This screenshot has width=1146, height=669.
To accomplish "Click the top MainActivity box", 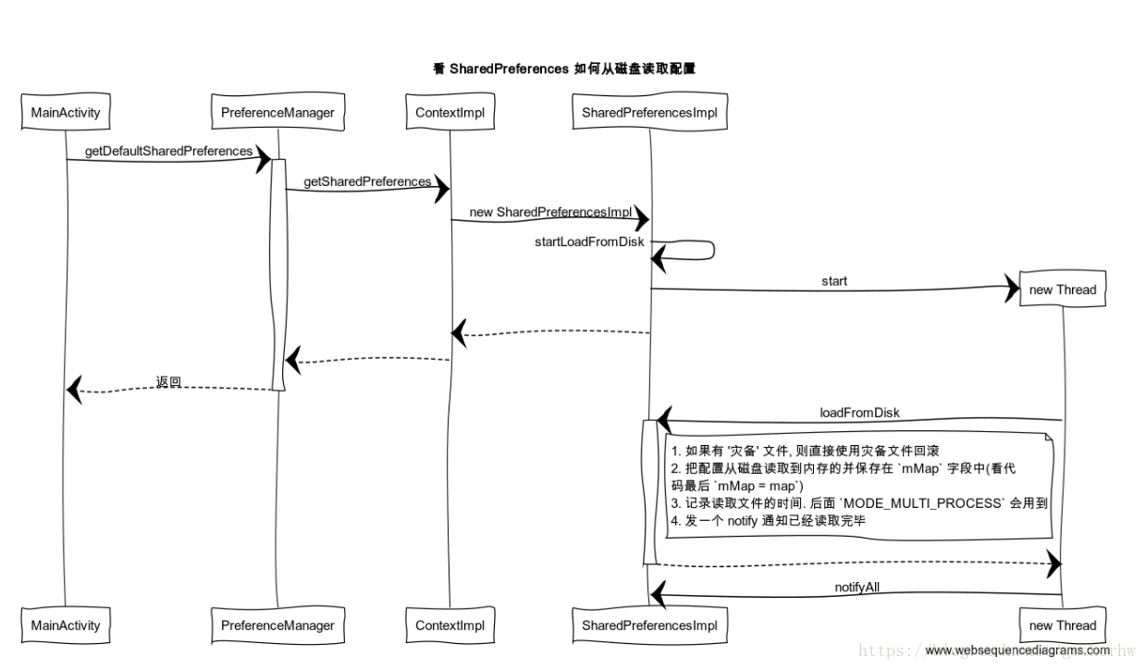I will click(x=66, y=113).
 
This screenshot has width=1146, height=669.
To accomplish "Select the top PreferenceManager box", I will click(x=277, y=113).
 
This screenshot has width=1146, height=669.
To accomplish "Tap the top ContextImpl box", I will click(x=450, y=113).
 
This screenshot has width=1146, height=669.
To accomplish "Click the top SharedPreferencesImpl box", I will click(x=649, y=113).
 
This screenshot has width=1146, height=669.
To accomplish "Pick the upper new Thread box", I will click(x=1062, y=290).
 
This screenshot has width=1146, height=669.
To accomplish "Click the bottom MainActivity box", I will click(x=66, y=626).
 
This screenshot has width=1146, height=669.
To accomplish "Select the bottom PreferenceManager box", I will click(x=277, y=626).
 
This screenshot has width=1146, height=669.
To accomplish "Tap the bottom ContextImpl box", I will click(x=450, y=626).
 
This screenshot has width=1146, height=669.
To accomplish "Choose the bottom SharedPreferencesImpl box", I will click(x=649, y=626).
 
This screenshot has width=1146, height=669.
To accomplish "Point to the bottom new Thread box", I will click(x=1062, y=626).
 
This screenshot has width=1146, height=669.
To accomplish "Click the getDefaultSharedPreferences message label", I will click(x=168, y=151).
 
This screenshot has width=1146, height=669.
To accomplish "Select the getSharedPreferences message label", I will click(x=367, y=181).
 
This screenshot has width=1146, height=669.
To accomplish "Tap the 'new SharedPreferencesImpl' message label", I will click(x=550, y=212).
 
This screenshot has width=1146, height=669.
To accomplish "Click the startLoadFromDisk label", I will click(x=588, y=242).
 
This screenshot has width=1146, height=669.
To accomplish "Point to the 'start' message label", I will click(x=833, y=280).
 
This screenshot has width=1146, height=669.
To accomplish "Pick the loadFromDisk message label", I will click(x=859, y=413).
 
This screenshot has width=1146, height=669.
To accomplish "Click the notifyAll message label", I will click(x=856, y=588).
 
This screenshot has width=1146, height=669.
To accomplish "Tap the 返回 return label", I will click(x=168, y=381).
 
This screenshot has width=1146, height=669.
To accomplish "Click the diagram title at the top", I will click(x=563, y=68).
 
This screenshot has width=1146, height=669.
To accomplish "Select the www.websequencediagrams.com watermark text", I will click(x=1017, y=650).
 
